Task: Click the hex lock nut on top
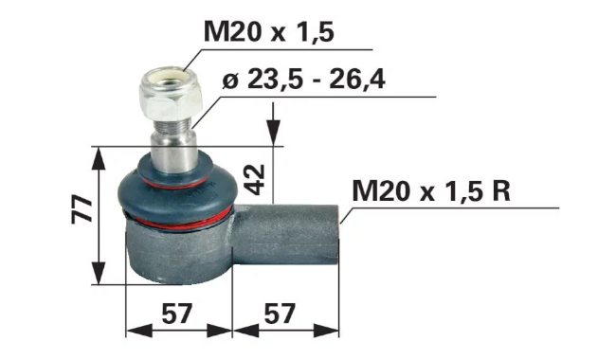pyautogui.click(x=170, y=94)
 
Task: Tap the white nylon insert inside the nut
pyautogui.click(x=171, y=77)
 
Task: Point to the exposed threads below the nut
pyautogui.click(x=172, y=125)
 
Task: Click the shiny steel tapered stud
pyautogui.click(x=173, y=153)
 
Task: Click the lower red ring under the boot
pyautogui.click(x=179, y=224)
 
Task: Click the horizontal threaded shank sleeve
pyautogui.click(x=285, y=234)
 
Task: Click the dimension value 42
pyautogui.click(x=255, y=180)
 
